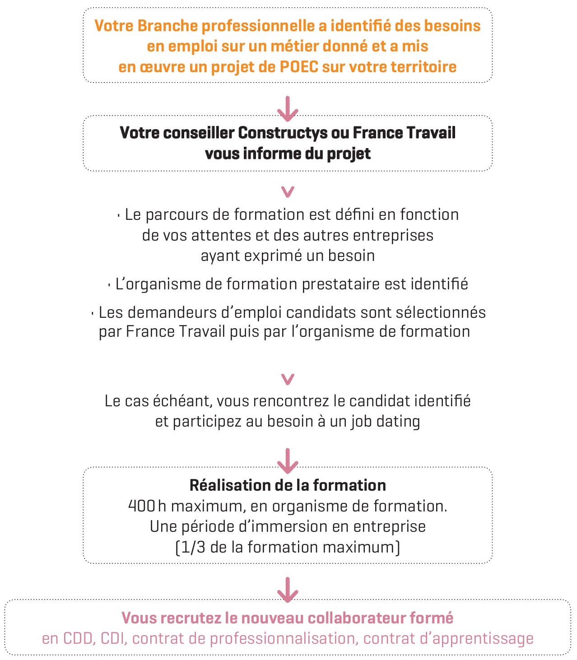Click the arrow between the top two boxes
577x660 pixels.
pyautogui.click(x=288, y=109)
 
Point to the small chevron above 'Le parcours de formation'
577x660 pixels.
pyautogui.click(x=288, y=192)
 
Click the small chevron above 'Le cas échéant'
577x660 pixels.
pyautogui.click(x=288, y=379)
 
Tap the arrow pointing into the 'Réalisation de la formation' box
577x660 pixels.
pyautogui.click(x=288, y=460)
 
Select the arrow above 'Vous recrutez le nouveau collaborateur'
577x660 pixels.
pyautogui.click(x=288, y=590)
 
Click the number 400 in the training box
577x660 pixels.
pyautogui.click(x=142, y=506)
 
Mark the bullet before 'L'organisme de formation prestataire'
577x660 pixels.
pyautogui.click(x=109, y=285)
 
